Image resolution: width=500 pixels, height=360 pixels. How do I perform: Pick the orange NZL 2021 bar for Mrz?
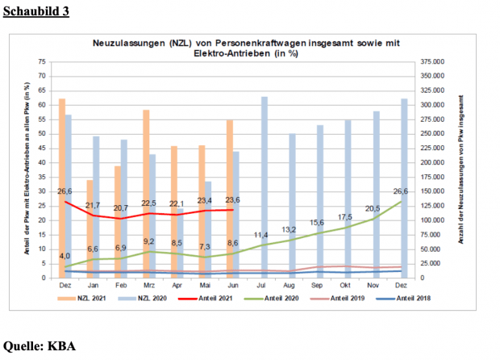(x=146, y=194)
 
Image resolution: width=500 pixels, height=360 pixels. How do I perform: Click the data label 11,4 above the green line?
(x=262, y=235)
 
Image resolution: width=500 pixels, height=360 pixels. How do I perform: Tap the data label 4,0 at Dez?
(x=65, y=257)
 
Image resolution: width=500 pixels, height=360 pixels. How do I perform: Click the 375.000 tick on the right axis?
(x=434, y=61)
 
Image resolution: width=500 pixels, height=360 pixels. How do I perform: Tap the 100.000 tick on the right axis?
(x=434, y=220)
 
